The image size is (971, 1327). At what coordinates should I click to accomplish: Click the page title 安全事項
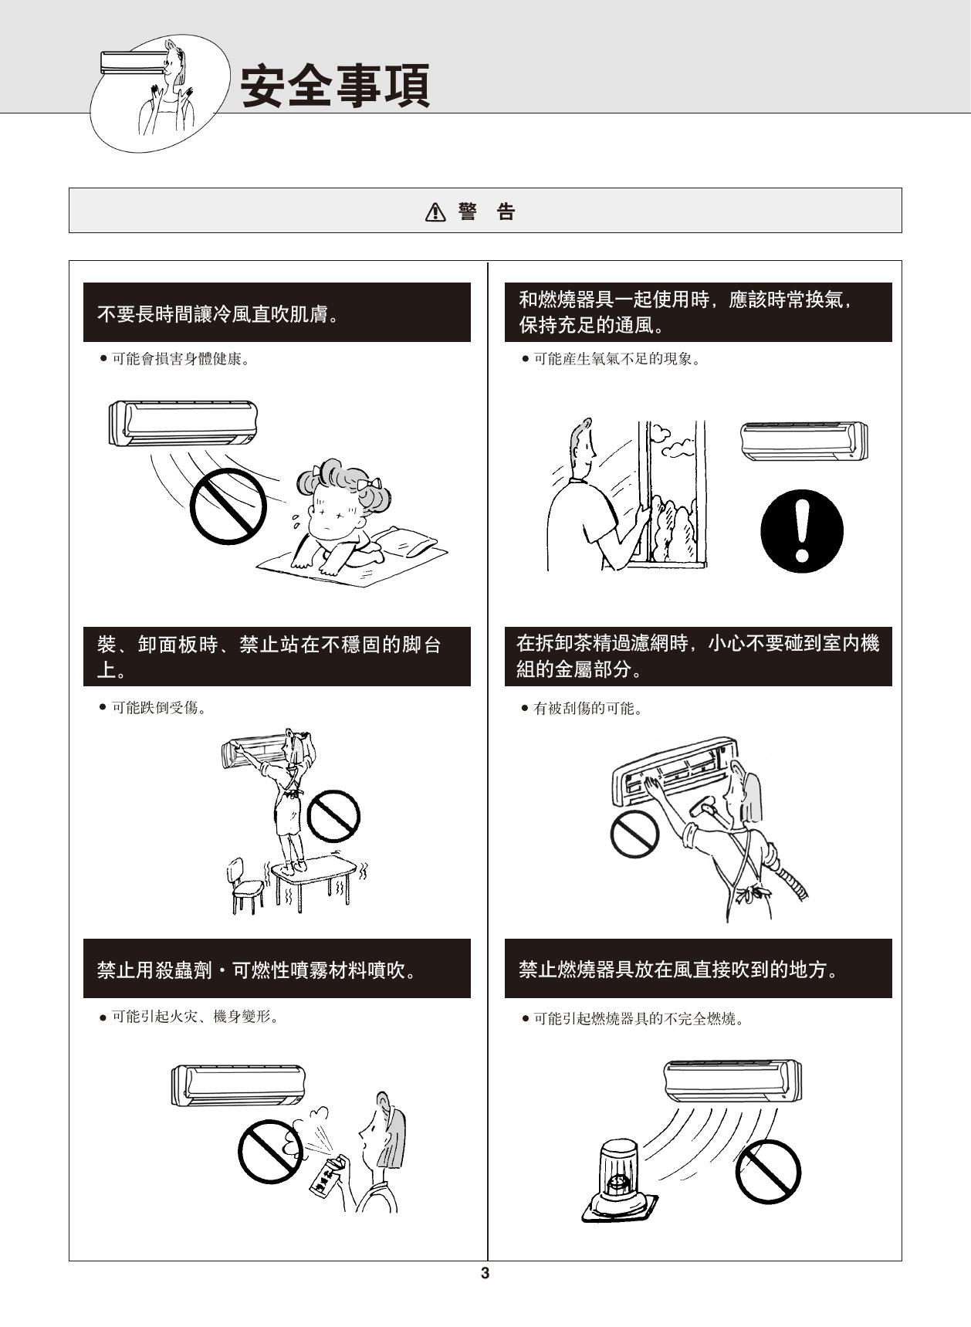click(335, 86)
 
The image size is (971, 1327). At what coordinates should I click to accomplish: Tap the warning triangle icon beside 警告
click(436, 212)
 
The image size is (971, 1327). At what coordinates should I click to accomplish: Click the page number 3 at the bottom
click(485, 1273)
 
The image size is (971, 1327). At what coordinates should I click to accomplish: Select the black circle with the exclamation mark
click(802, 530)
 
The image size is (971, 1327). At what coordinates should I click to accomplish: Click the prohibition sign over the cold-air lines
click(228, 506)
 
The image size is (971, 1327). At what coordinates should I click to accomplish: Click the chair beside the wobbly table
click(245, 885)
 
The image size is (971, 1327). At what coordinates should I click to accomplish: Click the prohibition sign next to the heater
click(768, 1170)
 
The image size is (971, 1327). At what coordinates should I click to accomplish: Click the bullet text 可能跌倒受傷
click(158, 707)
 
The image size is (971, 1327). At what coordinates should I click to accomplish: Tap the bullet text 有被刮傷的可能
click(587, 708)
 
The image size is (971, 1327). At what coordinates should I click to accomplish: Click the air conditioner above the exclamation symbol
click(804, 441)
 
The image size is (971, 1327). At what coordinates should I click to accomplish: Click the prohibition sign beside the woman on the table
click(334, 815)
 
